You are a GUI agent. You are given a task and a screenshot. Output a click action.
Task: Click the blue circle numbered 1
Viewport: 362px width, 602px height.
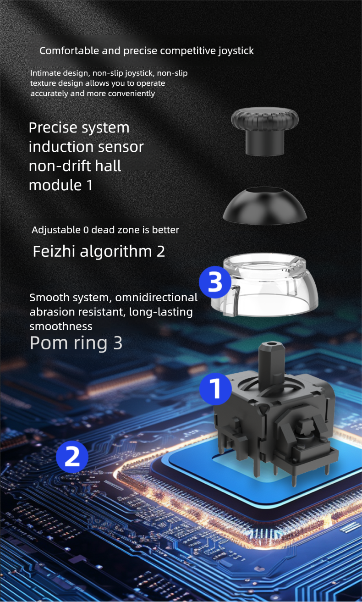point(215,389)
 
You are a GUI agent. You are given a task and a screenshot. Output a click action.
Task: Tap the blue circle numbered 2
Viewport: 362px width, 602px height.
point(72,457)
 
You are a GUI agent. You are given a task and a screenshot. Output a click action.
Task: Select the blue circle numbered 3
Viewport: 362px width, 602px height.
point(215,282)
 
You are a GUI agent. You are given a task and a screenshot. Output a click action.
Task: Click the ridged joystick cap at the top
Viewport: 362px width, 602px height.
point(265,132)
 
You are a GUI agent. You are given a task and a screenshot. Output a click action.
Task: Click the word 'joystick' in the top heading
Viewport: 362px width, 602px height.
point(236,51)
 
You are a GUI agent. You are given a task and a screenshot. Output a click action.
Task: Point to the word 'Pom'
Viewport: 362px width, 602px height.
point(48,343)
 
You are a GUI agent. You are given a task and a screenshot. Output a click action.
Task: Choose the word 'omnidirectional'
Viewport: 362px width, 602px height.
point(156,298)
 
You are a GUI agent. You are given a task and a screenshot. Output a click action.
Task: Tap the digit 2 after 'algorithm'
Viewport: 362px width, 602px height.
point(160,252)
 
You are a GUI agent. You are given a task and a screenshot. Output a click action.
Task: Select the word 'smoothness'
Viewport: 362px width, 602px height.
point(61,326)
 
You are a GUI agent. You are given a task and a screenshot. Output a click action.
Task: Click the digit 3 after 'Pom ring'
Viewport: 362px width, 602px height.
point(118,343)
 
